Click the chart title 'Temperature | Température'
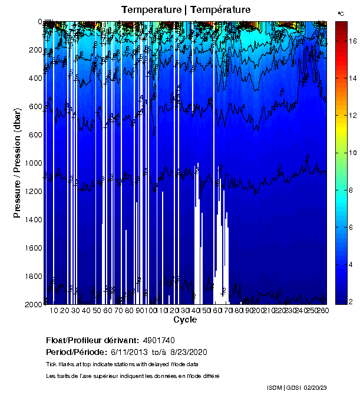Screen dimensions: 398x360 (x=186, y=10)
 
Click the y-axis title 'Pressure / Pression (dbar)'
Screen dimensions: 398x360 (x=17, y=163)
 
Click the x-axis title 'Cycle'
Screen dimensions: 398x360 (x=185, y=320)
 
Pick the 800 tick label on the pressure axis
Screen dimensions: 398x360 (x=34, y=135)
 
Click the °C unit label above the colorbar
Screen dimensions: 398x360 (x=341, y=13)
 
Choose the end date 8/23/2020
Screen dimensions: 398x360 (x=188, y=352)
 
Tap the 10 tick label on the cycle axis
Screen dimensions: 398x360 (x=54, y=311)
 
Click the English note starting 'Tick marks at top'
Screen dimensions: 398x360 (x=122, y=364)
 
